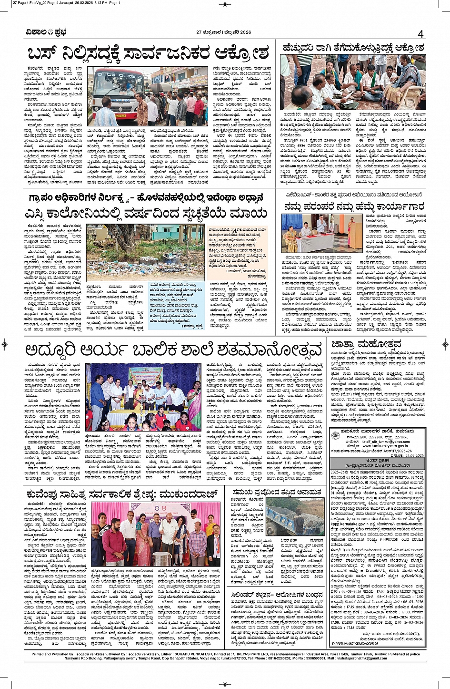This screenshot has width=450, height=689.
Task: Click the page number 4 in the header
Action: point(420,34)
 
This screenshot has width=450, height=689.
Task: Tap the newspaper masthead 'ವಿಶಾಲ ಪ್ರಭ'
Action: point(46,32)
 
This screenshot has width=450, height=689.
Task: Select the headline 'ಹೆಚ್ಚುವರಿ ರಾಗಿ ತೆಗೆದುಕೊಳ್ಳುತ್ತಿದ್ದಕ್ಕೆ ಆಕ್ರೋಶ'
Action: point(352,48)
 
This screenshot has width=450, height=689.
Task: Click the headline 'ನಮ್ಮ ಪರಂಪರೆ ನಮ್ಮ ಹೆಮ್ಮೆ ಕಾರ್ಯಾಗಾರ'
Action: point(354,206)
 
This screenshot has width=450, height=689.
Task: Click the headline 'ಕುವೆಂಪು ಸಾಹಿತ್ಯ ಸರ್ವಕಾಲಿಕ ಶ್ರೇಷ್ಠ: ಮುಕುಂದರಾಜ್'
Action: point(122,494)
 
